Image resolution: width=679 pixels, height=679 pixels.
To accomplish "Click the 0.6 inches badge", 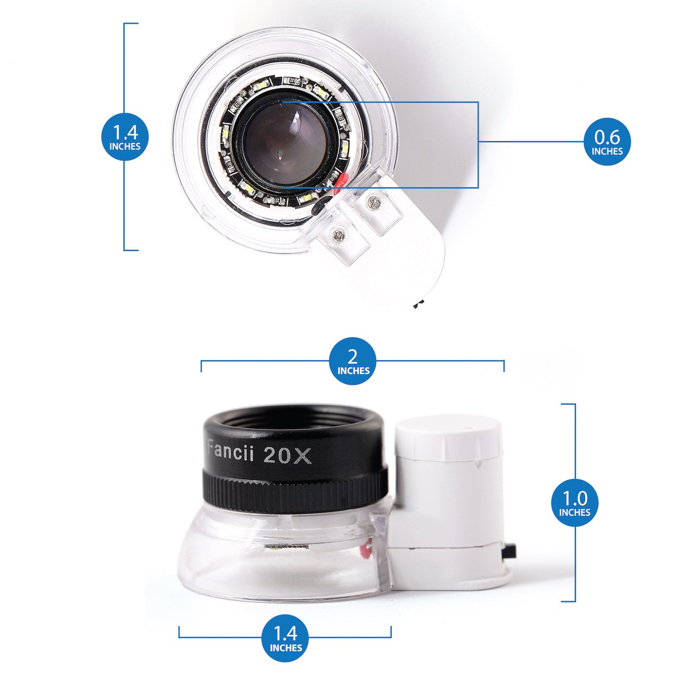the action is (x=607, y=142).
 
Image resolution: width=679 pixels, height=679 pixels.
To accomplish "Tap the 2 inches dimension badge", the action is (x=353, y=361).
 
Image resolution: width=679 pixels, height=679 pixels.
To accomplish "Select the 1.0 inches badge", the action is (x=574, y=502).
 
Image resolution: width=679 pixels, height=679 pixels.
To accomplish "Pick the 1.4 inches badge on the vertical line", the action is (x=125, y=137).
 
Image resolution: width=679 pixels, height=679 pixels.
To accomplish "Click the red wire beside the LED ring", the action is (x=340, y=181).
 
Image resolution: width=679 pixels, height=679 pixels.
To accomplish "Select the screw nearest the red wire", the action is (x=373, y=202).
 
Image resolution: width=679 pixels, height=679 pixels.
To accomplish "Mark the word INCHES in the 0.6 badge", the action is (x=607, y=151).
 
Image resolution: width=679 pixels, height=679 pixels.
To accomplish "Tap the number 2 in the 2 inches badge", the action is (x=353, y=356).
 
